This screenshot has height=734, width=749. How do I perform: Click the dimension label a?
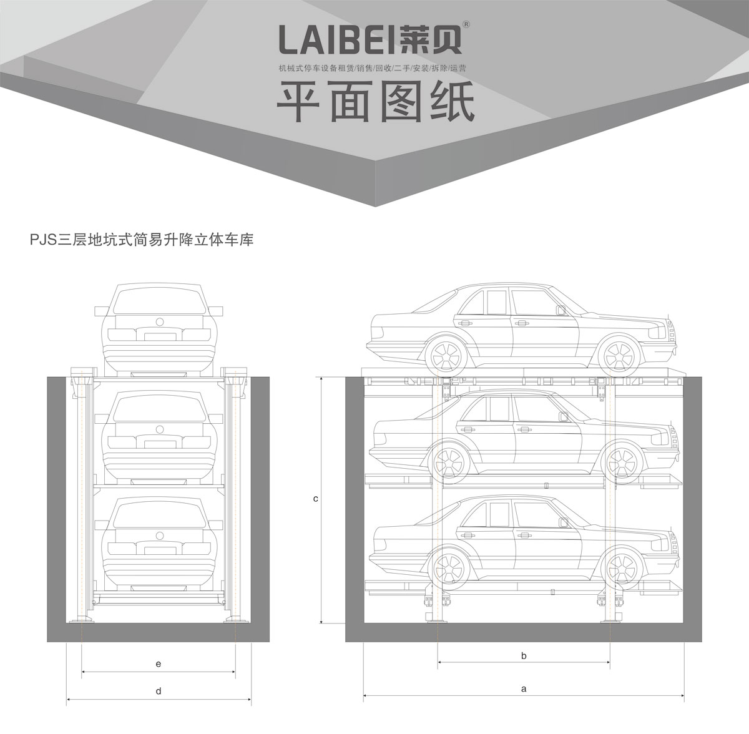coord(524,689)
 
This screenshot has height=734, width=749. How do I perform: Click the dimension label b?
coord(524,655)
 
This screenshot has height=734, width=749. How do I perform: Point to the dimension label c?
coord(316,499)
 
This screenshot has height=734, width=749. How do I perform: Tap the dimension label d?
coord(159,691)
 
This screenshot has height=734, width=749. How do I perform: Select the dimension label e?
coord(159,664)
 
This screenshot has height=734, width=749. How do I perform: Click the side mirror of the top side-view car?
coord(560,310)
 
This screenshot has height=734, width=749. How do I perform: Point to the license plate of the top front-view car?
coord(159,336)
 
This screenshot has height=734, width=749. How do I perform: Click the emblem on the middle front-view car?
coord(159,429)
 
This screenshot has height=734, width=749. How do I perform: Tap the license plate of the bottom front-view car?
coord(159,550)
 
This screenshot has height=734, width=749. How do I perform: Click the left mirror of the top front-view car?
coord(100,310)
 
